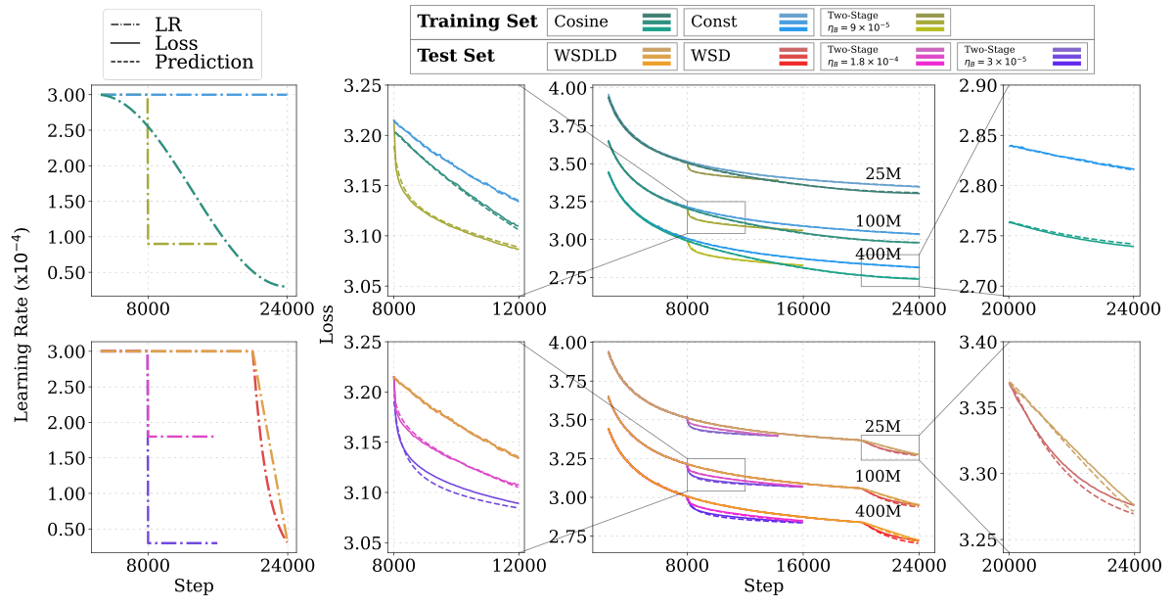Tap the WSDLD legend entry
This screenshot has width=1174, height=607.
586,56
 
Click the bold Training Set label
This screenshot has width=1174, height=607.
476,22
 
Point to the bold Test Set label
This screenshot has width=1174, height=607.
456,56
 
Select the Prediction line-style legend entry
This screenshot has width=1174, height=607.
204,63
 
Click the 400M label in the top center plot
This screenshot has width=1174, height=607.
878,255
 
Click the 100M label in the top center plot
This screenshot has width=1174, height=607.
878,221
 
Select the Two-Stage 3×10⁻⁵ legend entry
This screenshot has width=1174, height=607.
1024,56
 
